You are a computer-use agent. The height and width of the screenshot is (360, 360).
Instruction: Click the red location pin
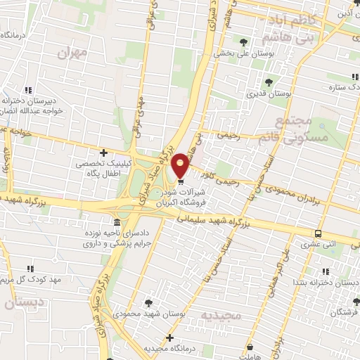(180, 165)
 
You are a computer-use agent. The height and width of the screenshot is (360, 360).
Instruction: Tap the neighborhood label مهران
(74, 52)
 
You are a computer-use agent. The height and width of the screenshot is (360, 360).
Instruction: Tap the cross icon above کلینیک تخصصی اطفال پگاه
(104, 152)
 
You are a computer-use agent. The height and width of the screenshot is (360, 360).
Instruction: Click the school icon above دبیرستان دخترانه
(29, 89)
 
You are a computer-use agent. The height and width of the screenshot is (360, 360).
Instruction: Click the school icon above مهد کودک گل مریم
(30, 269)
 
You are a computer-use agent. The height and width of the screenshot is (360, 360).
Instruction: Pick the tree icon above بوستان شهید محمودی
(149, 302)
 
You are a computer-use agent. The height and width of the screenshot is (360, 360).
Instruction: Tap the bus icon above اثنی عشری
(319, 233)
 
